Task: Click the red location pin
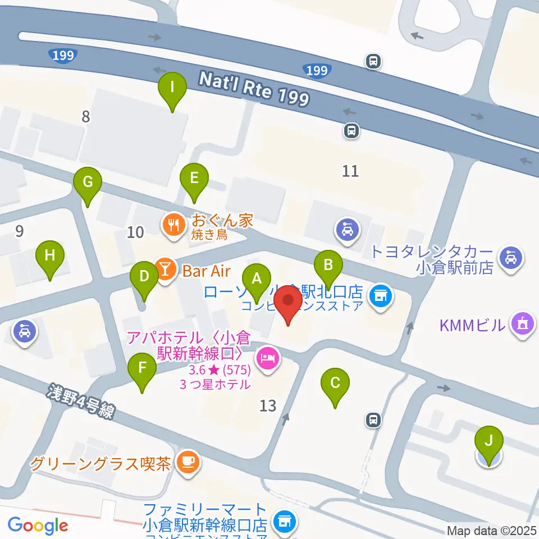coord(289,304)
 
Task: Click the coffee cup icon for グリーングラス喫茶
coord(186,462)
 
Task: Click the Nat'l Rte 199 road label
coord(254,89)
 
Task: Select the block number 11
coord(350,171)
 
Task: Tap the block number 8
coord(85,117)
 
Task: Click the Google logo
coord(38,526)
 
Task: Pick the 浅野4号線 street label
coord(81,401)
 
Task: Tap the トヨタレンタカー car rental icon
coord(512,257)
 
